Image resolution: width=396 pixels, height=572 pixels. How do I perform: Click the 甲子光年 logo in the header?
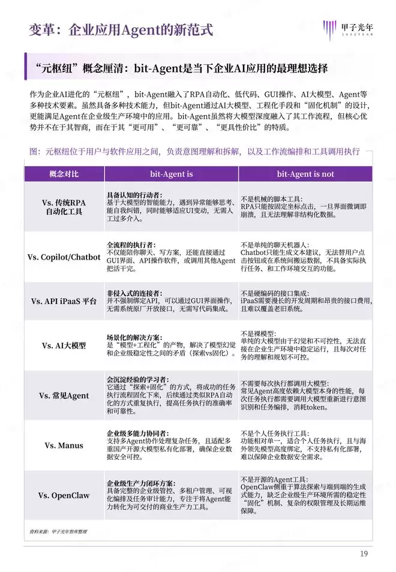(x=350, y=28)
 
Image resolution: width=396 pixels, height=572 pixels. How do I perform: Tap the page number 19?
(x=364, y=553)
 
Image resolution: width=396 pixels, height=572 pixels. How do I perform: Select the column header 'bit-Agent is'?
(x=171, y=174)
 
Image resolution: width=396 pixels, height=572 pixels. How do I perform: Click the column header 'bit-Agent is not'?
(x=305, y=174)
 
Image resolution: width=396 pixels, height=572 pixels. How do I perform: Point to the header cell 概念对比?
(x=64, y=174)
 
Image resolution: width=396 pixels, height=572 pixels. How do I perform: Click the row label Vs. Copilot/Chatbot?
(x=64, y=257)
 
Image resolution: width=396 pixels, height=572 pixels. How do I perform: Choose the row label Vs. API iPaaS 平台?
(x=64, y=301)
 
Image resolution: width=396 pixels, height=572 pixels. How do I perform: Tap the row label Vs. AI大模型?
(x=64, y=346)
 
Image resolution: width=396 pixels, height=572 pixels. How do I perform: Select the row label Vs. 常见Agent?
(x=64, y=396)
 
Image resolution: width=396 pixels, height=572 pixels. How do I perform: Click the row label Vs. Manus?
(x=64, y=445)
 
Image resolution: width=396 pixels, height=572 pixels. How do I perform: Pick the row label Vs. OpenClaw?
(x=64, y=495)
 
